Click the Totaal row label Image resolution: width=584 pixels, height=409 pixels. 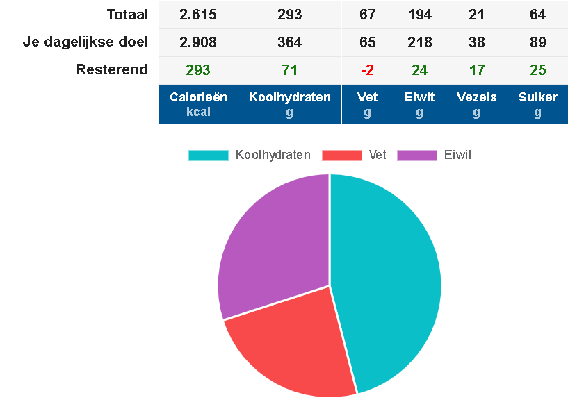tap(127, 15)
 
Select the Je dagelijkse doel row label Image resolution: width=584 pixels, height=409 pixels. tap(86, 42)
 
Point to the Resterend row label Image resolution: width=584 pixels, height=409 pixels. tap(112, 69)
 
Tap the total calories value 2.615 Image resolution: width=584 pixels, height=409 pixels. tap(198, 15)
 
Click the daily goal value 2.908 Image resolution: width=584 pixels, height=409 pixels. tap(198, 42)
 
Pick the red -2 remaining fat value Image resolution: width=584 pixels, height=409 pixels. tap(367, 70)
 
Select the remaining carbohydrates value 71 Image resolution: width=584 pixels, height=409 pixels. tap(289, 70)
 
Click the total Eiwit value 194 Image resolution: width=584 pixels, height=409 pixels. tap(419, 15)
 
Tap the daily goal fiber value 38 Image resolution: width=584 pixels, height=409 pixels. tap(476, 42)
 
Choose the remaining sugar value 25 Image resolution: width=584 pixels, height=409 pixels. tap(537, 70)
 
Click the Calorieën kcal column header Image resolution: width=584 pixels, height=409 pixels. tap(198, 104)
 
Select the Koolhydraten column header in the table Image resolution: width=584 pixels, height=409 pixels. tap(289, 104)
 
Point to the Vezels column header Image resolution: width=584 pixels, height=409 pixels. tap(476, 104)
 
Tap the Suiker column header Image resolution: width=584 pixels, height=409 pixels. tap(537, 104)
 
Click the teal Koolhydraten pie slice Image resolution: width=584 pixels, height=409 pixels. tap(389, 278)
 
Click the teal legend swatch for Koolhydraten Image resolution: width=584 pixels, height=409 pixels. tap(208, 156)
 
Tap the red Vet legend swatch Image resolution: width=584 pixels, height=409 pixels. tap(342, 156)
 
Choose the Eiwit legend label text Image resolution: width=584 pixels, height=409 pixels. tap(457, 156)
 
